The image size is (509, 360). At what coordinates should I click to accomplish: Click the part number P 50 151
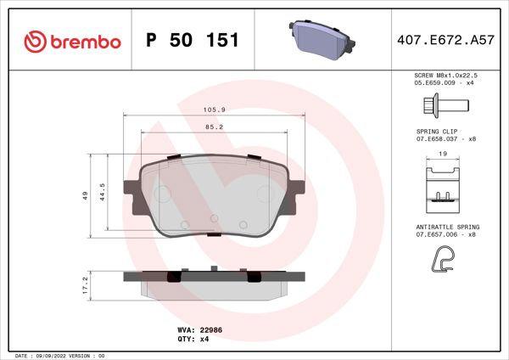coord(193,40)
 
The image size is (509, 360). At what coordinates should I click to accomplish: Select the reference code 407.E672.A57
coord(445,40)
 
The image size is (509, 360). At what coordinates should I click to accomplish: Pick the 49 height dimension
coord(85,196)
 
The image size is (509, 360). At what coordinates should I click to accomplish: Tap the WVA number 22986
coord(211,327)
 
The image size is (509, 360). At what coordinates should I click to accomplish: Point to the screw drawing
coord(445,106)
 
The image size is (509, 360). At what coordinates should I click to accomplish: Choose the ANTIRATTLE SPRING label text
coord(447,228)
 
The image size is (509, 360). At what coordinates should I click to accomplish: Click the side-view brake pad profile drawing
coord(208,284)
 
